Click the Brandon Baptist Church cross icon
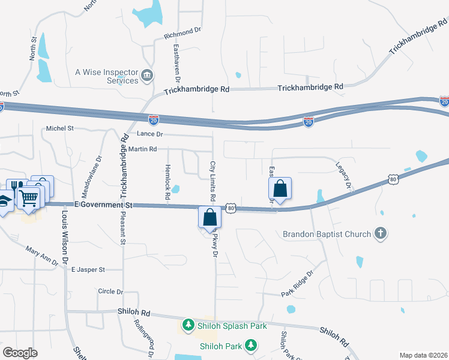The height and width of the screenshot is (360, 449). tap(379, 233)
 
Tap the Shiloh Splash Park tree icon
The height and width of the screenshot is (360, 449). tap(188, 325)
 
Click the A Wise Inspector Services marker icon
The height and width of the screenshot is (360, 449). tap(147, 76)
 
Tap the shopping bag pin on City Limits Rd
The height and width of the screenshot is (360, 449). tap(209, 217)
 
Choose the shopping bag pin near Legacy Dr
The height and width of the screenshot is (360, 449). tap(280, 188)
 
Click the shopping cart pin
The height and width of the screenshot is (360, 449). tap(29, 196)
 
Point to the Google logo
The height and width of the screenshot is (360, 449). tap(20, 352)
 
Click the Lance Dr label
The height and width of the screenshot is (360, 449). tap(150, 134)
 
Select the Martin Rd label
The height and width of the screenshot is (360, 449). tap(142, 149)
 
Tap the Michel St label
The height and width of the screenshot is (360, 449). tap(60, 128)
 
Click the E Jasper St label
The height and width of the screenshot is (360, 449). tap(88, 270)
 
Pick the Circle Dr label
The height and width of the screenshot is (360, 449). tap(110, 292)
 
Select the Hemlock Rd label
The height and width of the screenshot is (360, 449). tap(167, 181)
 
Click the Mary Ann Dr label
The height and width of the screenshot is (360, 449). tap(43, 256)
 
